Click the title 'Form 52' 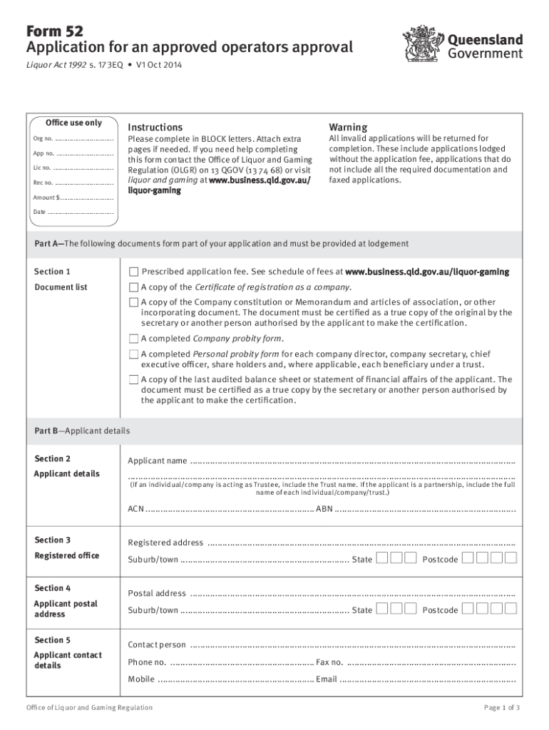(54, 31)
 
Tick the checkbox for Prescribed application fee (133, 272)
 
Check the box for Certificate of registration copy (133, 287)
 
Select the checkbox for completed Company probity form (133, 339)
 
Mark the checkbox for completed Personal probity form (133, 354)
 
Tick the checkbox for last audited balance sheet (133, 380)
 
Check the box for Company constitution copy (133, 303)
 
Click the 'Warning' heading (347, 127)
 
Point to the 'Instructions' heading (155, 127)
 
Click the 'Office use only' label (73, 123)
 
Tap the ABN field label (324, 509)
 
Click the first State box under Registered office (382, 558)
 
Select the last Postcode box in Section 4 (510, 609)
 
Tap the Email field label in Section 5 (327, 679)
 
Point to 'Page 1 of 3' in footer (502, 708)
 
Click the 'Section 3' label (53, 540)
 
